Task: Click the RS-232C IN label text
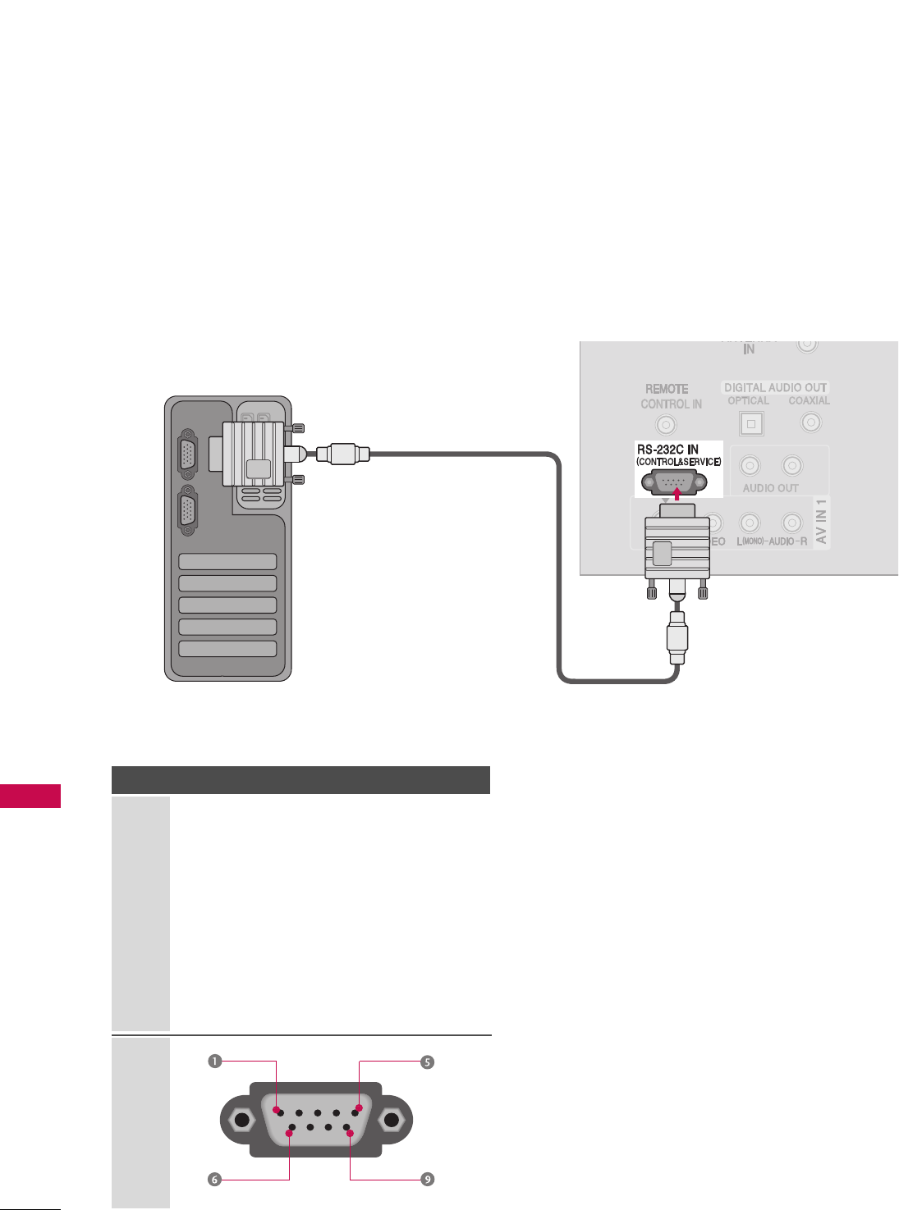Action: tap(667, 450)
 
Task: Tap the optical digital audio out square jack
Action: tap(750, 424)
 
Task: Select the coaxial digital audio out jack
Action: tap(811, 422)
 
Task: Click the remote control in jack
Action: tap(667, 425)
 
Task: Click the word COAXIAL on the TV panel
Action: tap(809, 401)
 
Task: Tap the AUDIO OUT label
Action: tap(770, 488)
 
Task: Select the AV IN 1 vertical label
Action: tap(822, 522)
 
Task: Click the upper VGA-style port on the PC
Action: tap(188, 454)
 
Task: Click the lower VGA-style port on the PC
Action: tap(188, 514)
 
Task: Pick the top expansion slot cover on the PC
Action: tap(227, 562)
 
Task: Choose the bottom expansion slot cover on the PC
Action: tap(227, 648)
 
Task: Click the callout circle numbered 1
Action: tap(214, 1062)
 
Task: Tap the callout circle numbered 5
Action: tap(427, 1062)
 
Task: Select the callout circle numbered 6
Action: tap(214, 1180)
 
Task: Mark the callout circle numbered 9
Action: tap(427, 1180)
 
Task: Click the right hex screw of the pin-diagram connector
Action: tap(392, 1121)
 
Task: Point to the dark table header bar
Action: tap(300, 779)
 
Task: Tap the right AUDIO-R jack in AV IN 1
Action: tap(791, 523)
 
